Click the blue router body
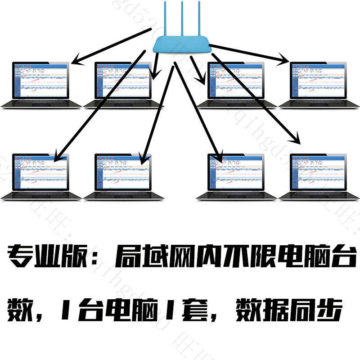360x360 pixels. click(x=182, y=44)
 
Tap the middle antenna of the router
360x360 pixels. click(x=182, y=18)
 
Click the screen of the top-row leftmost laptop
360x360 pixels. click(x=41, y=81)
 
